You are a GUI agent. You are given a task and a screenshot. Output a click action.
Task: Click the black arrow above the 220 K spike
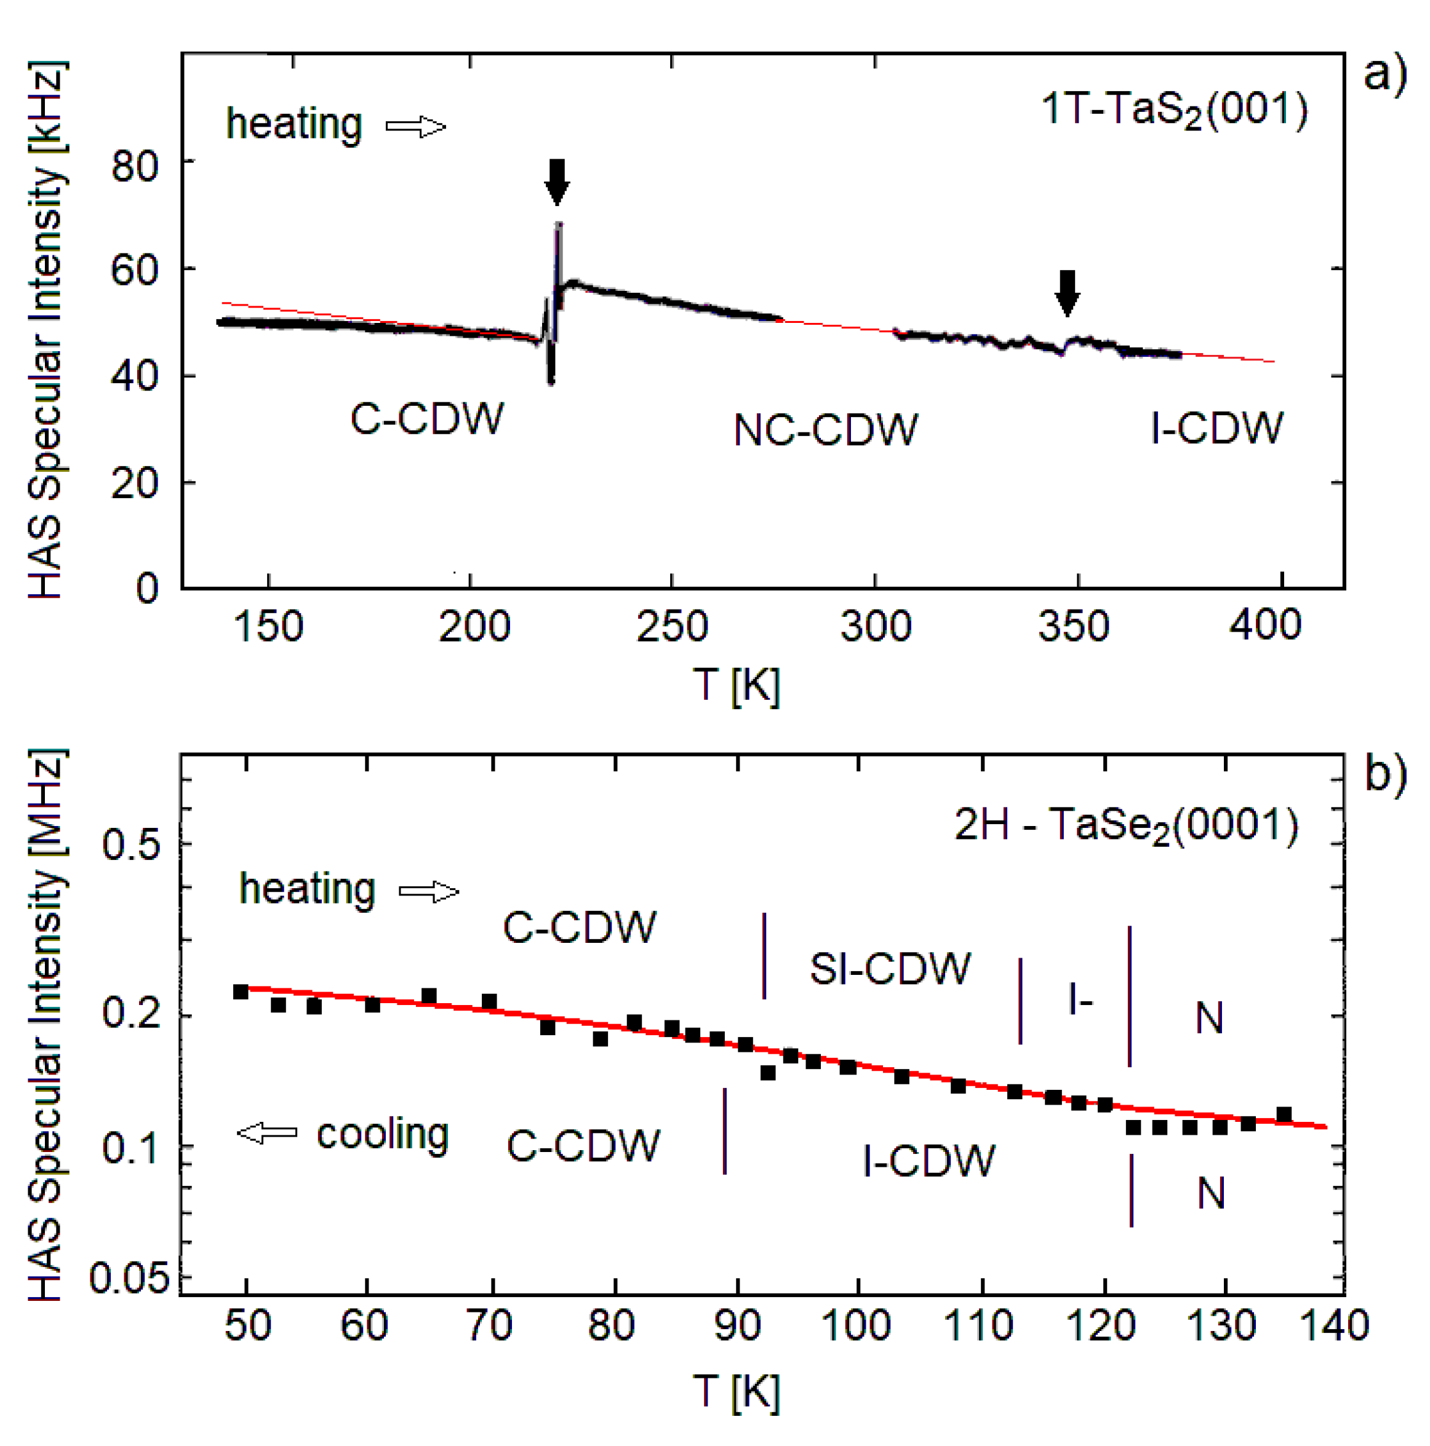click(x=556, y=181)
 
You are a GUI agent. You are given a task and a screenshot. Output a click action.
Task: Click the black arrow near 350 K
click(x=1067, y=293)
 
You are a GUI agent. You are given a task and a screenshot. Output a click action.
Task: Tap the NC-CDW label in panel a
click(x=825, y=431)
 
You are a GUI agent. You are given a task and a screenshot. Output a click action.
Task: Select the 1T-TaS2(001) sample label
click(x=1174, y=109)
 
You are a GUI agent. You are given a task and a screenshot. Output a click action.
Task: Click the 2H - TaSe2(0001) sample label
click(x=1126, y=825)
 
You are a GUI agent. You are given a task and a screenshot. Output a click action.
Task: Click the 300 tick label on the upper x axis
click(x=875, y=626)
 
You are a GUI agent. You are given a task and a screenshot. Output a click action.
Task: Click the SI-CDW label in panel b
click(x=890, y=969)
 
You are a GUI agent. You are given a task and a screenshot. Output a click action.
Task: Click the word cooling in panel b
click(x=383, y=1135)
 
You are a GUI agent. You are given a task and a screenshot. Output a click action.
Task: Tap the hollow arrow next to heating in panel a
click(x=415, y=127)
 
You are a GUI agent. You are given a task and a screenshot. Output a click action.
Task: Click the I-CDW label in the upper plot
click(x=1216, y=428)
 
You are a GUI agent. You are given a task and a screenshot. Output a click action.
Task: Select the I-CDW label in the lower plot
click(x=929, y=1161)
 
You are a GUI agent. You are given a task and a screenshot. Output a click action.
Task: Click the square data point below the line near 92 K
click(x=767, y=1073)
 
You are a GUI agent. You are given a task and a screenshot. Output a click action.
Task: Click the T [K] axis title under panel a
click(x=736, y=684)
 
